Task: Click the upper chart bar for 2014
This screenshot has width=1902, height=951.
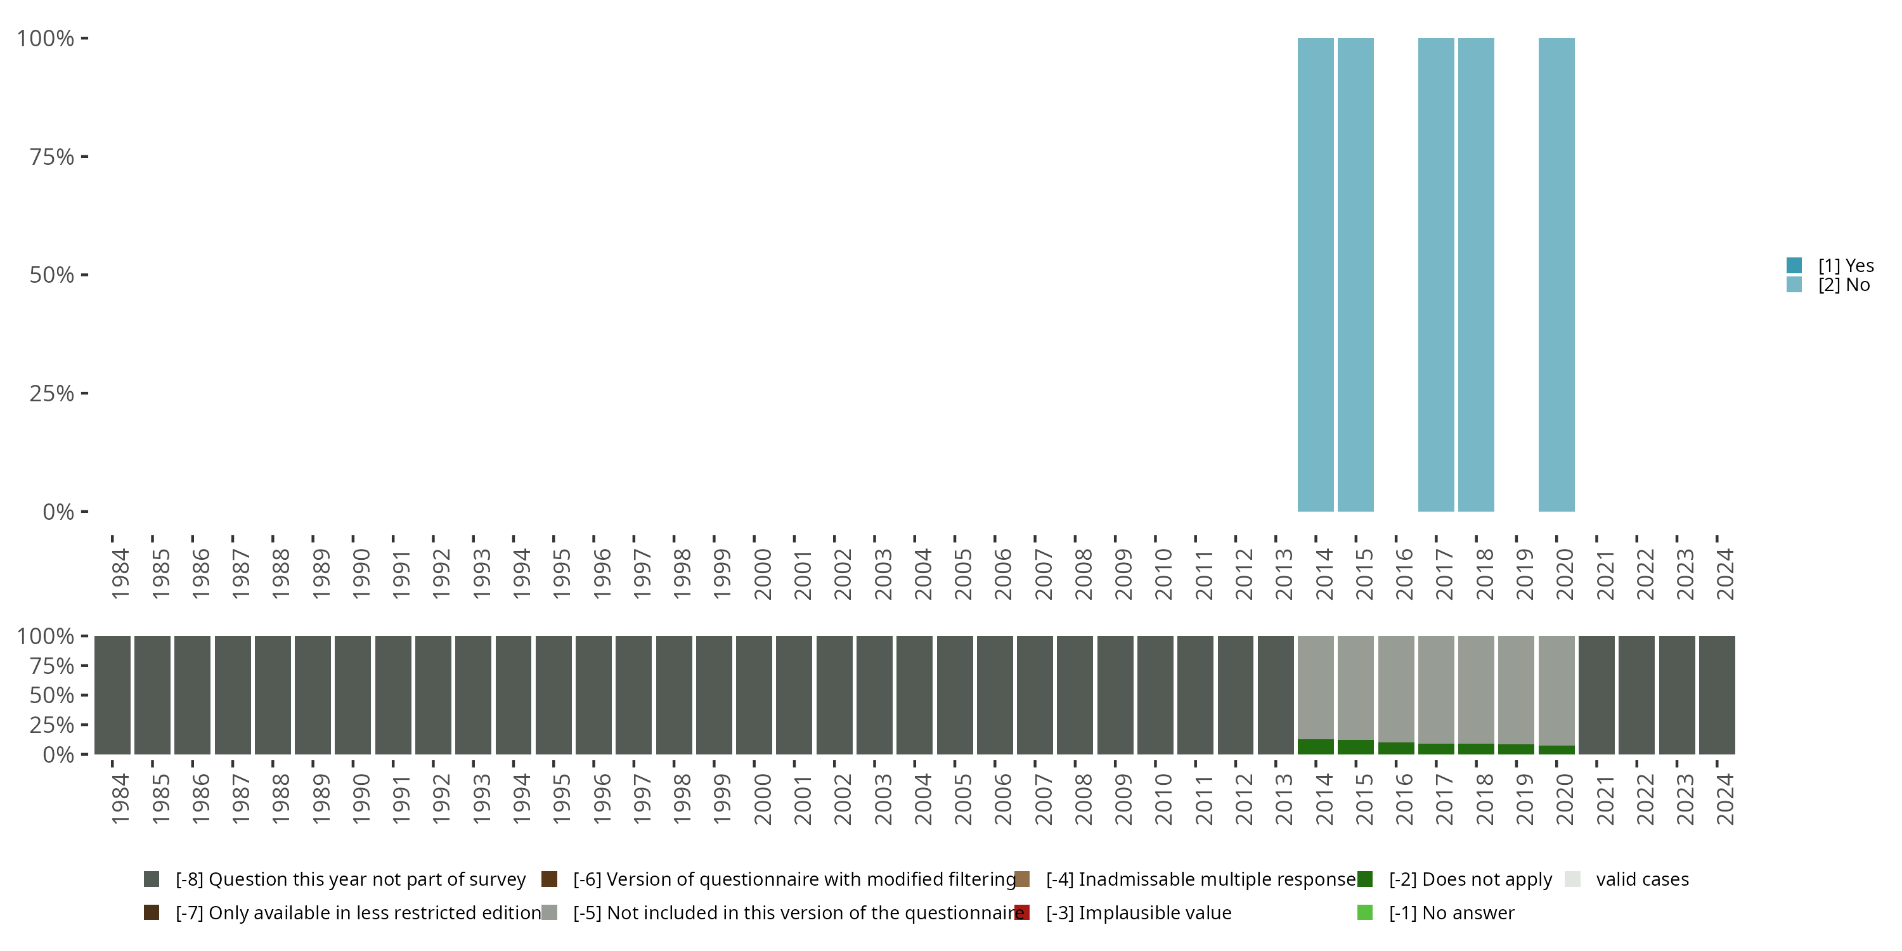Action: point(1316,275)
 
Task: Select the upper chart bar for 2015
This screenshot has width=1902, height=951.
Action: point(1355,275)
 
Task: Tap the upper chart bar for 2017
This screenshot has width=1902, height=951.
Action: point(1436,275)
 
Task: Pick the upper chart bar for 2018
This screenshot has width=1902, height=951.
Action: point(1476,275)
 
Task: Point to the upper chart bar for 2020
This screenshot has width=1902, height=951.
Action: point(1556,275)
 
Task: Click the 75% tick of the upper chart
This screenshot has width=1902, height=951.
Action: point(52,157)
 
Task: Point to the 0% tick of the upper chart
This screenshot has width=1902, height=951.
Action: point(58,512)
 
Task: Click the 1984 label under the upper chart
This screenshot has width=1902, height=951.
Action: point(120,574)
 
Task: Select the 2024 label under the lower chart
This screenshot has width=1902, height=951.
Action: point(1724,799)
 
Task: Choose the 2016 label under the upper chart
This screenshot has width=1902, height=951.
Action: point(1404,574)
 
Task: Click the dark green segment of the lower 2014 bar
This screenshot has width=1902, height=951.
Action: point(1316,746)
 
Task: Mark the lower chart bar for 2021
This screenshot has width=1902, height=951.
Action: point(1596,695)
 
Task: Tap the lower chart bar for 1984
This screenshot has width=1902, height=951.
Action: point(112,695)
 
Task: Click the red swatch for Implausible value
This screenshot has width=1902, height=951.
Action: point(1022,912)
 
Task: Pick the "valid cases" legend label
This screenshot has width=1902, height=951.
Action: point(1642,879)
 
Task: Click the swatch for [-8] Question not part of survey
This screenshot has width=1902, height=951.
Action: point(152,879)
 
